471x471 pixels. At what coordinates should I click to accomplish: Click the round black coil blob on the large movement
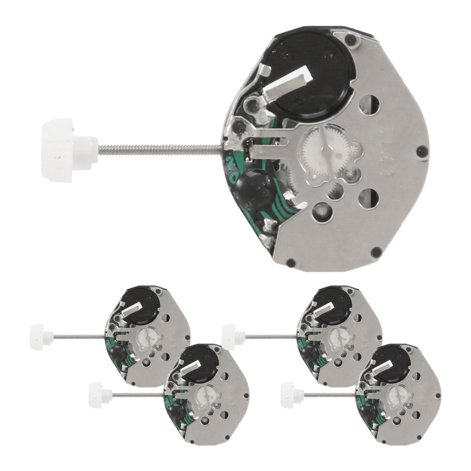(x=255, y=188)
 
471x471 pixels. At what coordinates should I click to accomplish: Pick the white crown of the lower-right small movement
(x=291, y=395)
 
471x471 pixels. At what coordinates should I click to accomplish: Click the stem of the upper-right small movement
(x=271, y=336)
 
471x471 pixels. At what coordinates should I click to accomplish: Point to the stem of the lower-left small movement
(x=137, y=394)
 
